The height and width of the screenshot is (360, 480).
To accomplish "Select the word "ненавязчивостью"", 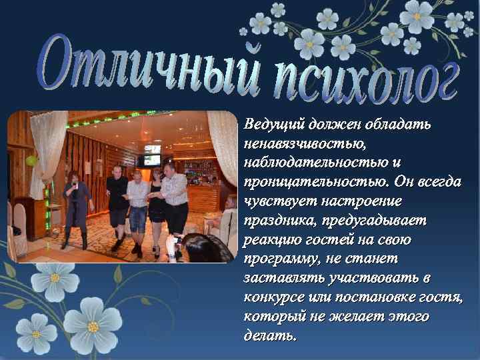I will click(x=304, y=143).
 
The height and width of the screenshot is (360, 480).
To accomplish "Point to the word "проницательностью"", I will click(x=313, y=182).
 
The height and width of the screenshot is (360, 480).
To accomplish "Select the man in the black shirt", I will click(x=117, y=200).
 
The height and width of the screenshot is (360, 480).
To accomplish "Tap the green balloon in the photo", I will click(x=29, y=161).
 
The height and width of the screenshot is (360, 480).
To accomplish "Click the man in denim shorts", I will click(x=138, y=207).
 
